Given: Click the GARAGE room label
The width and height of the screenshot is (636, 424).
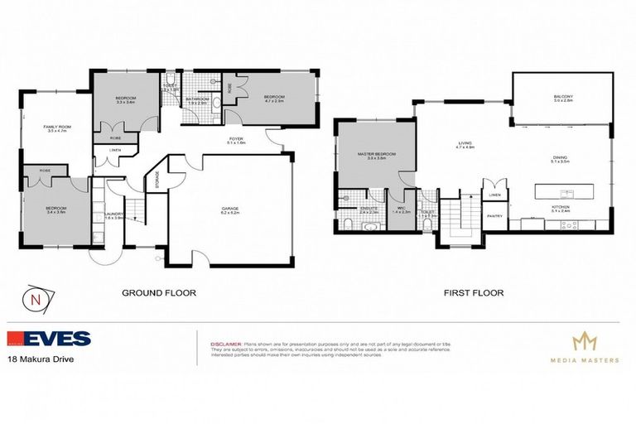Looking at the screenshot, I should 230,209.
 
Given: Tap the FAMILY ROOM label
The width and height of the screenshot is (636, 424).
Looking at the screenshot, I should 55,127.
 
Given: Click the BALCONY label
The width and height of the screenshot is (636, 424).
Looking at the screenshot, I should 563,99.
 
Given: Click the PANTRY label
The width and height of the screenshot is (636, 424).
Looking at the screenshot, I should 494,216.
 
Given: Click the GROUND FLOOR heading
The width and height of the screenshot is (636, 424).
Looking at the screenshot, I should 158,292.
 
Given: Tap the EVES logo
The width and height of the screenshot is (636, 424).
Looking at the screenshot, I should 50,340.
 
